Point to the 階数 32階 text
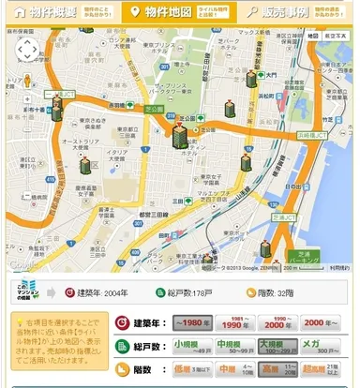[x=276, y=291]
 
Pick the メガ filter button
[x=324, y=346]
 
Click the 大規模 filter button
[x=279, y=346]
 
